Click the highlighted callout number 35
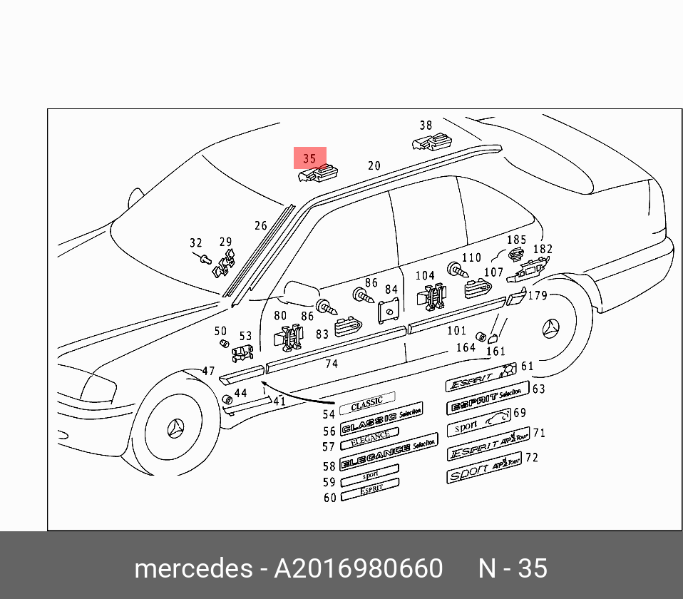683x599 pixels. [309, 158]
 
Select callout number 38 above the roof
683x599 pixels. [426, 126]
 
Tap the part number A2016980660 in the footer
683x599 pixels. [359, 568]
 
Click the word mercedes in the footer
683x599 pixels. [192, 568]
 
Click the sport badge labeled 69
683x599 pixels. [479, 424]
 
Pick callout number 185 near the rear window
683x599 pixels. [516, 240]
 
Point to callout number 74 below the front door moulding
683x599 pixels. [332, 364]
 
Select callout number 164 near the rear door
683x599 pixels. [466, 348]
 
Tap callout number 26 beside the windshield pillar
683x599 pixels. [261, 226]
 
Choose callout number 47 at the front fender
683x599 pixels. [208, 371]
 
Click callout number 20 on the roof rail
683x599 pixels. [374, 166]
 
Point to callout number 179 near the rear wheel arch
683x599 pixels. [538, 295]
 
